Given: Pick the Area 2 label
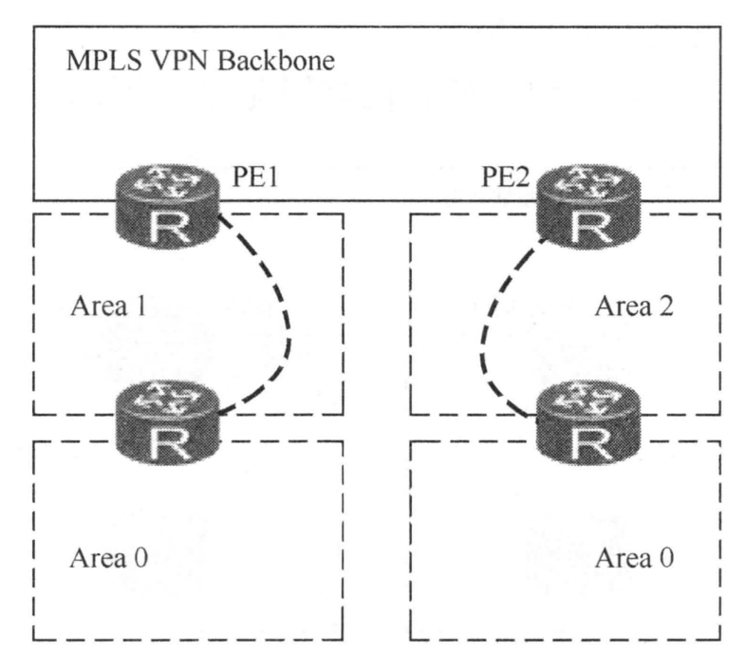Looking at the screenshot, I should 632,308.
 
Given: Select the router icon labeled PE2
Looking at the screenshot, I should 586,210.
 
